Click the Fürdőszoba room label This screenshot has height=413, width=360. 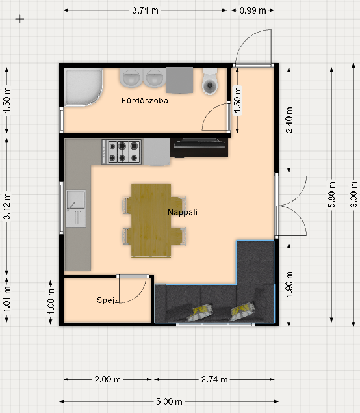tap(145, 100)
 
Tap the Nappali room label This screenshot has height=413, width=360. tap(183, 212)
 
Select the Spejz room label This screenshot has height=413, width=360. tap(108, 300)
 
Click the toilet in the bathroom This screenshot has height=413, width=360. tap(210, 81)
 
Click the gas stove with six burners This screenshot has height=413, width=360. tap(122, 152)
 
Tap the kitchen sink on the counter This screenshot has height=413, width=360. tap(76, 208)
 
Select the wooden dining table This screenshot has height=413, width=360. tap(151, 220)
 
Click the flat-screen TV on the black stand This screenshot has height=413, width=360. tap(199, 144)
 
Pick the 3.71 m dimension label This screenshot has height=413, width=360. tap(146, 10)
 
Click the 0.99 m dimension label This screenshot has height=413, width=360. tap(253, 10)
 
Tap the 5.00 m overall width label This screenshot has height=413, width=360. tap(169, 401)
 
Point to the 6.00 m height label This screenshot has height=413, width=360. tap(354, 194)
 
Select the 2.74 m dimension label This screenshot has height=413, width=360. tap(214, 379)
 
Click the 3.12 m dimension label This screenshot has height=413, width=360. tap(7, 206)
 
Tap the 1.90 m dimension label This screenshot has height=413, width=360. tap(289, 284)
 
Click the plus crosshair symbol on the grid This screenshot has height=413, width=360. tap(19, 19)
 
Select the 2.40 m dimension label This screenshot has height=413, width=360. tap(289, 120)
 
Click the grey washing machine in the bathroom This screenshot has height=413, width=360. tap(180, 80)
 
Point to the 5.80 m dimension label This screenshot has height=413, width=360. tap(332, 194)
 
